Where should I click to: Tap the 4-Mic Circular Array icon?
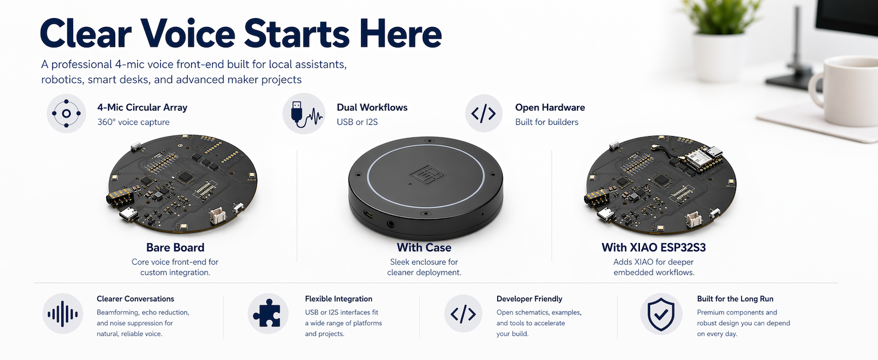(66, 113)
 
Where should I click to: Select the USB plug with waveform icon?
(304, 113)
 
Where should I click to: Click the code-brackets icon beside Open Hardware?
(484, 113)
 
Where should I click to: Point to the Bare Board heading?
(175, 247)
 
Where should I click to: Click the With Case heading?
(424, 247)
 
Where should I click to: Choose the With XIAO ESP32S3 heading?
(654, 247)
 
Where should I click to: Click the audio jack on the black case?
(390, 224)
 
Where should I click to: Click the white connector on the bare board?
(217, 215)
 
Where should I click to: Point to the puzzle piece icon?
(267, 313)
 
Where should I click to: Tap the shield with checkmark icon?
(661, 314)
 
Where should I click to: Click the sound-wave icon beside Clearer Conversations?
(63, 314)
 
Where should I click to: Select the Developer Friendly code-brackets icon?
(463, 314)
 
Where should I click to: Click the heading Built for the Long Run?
(735, 299)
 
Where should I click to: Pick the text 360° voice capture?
(133, 122)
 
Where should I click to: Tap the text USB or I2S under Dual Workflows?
(357, 122)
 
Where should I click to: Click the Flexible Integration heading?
(339, 299)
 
